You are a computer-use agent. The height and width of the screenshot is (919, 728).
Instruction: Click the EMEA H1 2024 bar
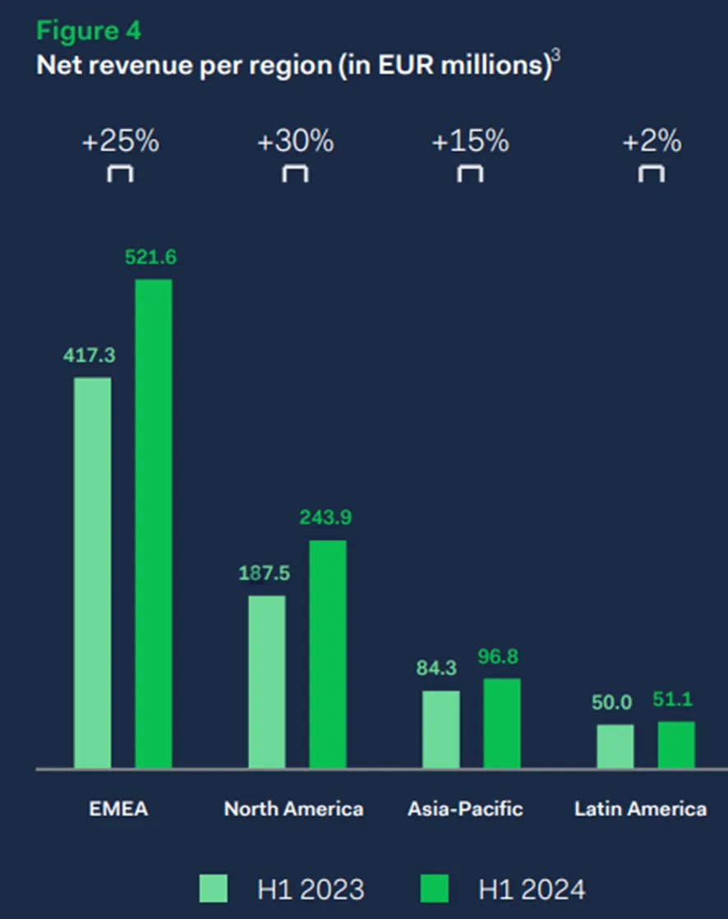154,523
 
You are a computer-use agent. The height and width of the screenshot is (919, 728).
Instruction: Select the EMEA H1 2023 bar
93,572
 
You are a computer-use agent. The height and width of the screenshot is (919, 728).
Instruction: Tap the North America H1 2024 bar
328,654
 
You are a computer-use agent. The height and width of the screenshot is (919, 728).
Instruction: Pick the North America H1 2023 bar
267,682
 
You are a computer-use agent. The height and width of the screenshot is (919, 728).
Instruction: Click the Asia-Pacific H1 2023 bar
440,729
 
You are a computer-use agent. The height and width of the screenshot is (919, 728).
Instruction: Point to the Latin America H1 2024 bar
676,744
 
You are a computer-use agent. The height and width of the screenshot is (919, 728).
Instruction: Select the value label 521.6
150,257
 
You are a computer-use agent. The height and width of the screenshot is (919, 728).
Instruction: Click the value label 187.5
265,573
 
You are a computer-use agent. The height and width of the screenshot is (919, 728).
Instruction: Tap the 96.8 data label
498,656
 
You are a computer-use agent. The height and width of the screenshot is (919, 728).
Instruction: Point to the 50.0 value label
611,702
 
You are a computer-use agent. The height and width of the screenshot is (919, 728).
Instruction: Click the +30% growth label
296,141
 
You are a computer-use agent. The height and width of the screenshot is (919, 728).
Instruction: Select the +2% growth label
652,141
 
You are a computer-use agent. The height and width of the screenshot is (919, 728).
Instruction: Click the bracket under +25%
120,167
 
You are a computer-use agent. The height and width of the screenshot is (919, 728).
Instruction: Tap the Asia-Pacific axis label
465,809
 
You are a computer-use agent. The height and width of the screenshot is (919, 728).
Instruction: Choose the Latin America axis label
641,809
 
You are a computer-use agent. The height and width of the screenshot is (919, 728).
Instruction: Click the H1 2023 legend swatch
214,889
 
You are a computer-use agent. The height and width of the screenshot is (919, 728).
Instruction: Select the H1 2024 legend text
532,889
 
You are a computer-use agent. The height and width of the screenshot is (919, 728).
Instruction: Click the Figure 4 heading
89,31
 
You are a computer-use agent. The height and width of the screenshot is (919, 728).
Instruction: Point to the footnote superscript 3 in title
555,55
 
